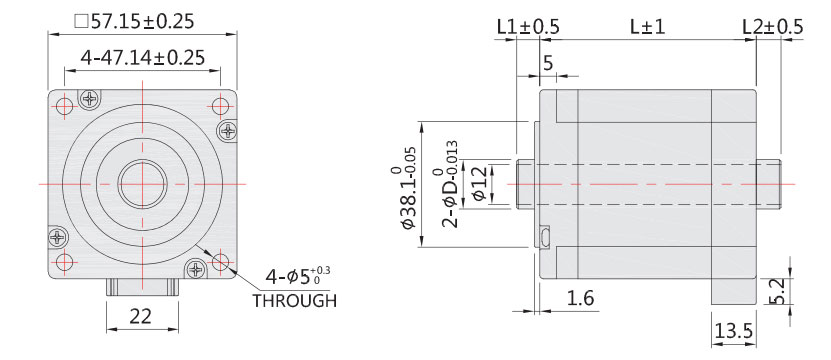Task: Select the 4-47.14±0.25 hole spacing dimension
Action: click(143, 58)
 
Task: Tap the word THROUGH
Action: click(294, 300)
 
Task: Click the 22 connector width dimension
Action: click(141, 317)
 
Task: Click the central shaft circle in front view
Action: click(142, 183)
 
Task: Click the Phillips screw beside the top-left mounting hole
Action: click(91, 99)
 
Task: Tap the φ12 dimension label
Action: click(478, 183)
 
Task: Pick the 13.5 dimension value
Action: click(732, 330)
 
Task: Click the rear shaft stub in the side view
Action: click(769, 184)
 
